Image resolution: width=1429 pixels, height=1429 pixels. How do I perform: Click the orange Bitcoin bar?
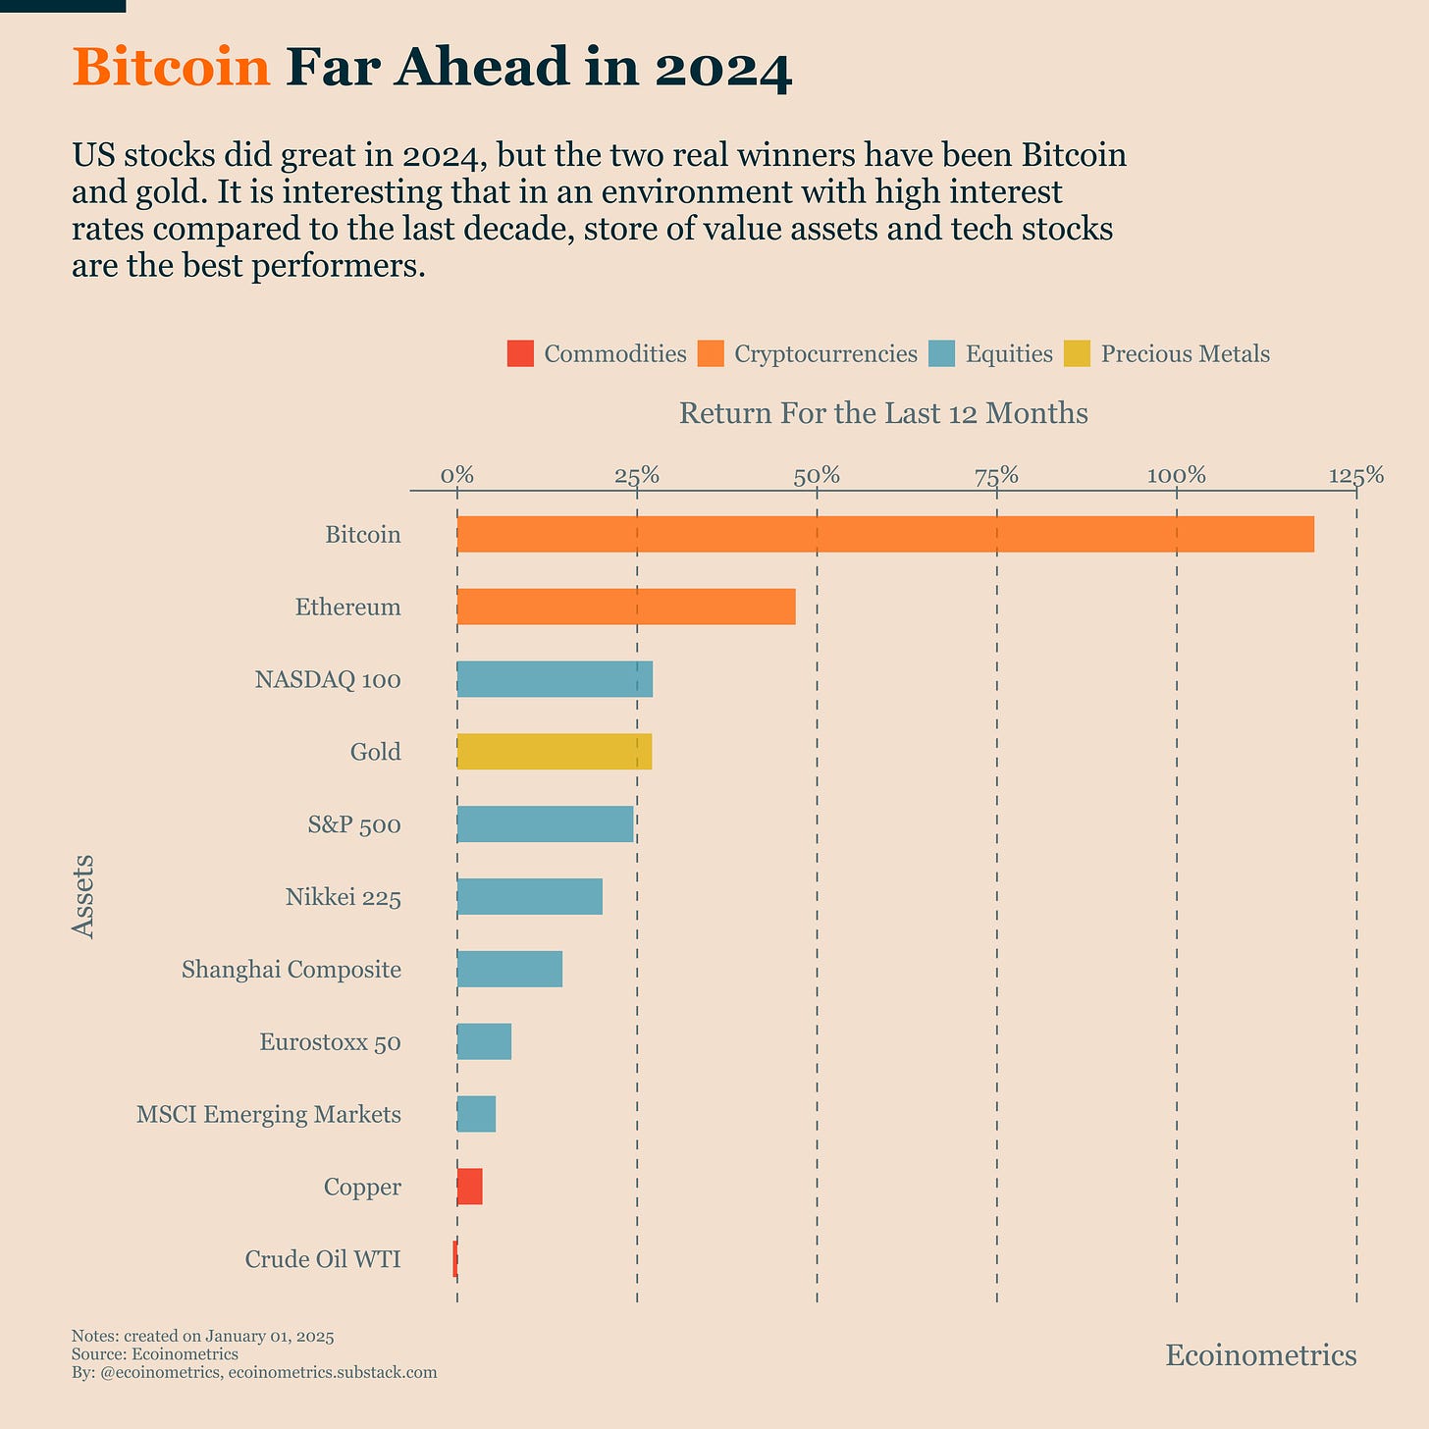(883, 535)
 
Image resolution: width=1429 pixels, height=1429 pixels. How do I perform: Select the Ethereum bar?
(626, 608)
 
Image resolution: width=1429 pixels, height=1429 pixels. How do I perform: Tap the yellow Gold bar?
(555, 753)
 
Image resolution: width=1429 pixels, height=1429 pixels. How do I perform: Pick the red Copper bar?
(470, 1188)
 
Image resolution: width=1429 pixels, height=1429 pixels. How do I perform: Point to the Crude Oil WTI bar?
(455, 1259)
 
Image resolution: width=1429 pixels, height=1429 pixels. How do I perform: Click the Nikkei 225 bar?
(530, 897)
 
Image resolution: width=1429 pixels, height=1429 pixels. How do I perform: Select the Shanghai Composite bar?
(509, 970)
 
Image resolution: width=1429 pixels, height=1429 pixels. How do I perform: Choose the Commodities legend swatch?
(520, 353)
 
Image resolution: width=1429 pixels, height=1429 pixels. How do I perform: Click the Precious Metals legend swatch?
(1078, 353)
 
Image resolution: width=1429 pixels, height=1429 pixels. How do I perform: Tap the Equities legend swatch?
(941, 353)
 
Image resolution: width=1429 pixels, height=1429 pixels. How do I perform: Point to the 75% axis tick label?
(996, 477)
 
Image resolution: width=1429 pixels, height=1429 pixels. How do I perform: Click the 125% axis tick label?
(1356, 477)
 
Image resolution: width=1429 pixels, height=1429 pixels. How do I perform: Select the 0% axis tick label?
(457, 477)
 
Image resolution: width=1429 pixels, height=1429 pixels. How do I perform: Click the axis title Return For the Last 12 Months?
(883, 413)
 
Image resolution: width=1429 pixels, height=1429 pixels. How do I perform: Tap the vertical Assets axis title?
(84, 896)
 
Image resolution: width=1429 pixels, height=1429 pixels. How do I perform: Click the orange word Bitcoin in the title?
(171, 68)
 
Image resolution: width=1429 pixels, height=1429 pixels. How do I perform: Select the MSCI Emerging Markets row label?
(269, 1115)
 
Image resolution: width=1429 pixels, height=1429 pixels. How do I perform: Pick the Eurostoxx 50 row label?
(330, 1042)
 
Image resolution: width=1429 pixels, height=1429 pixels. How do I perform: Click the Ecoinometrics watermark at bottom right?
(1260, 1355)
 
